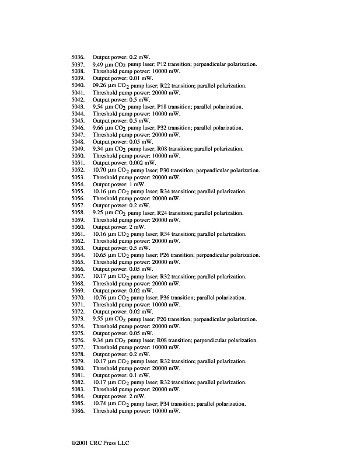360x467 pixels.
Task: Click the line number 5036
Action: pos(78,57)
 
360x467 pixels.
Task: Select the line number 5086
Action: pos(78,411)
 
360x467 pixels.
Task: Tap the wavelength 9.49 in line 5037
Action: pos(99,64)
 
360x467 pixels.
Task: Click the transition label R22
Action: pos(165,86)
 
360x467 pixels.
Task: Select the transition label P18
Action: pos(163,107)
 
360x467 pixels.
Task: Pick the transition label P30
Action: pos(165,170)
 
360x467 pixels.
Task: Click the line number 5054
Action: pos(78,184)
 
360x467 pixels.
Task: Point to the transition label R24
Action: pos(163,213)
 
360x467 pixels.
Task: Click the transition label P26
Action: pos(165,255)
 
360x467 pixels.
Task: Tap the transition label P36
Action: pos(165,298)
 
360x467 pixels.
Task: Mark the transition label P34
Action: pos(165,404)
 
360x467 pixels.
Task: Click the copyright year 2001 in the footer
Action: pos(81,443)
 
